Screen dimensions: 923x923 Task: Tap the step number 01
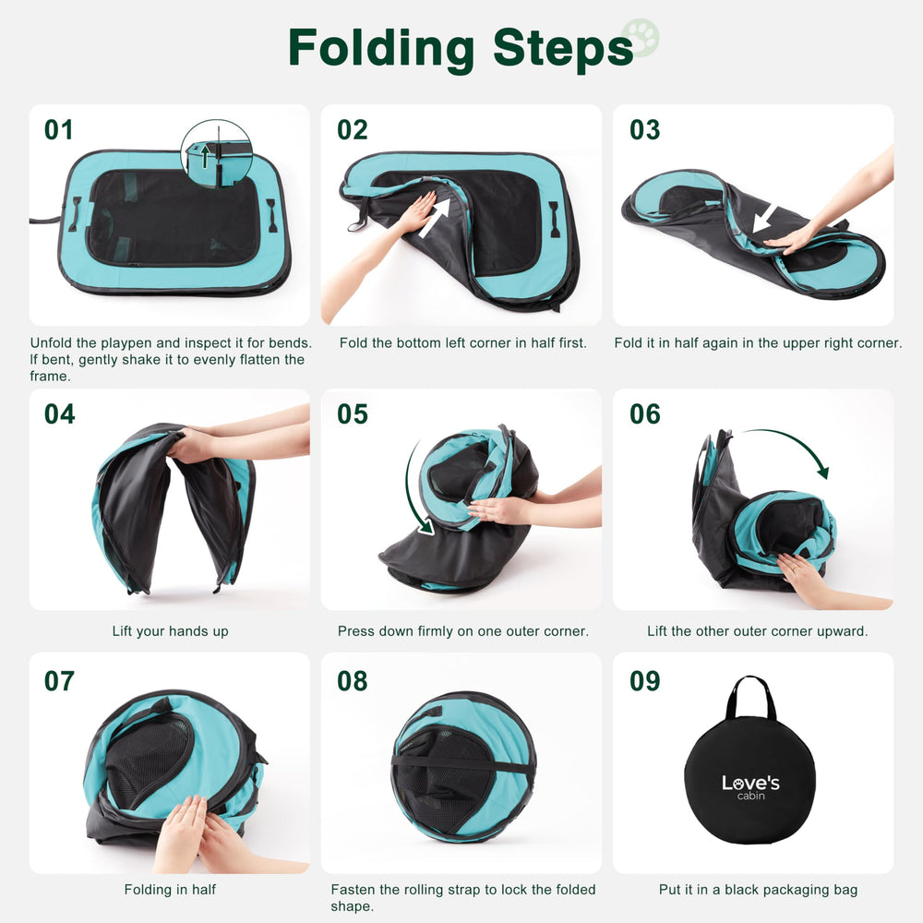(x=58, y=130)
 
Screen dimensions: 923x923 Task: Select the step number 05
(x=352, y=414)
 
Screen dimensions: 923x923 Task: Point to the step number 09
(x=645, y=681)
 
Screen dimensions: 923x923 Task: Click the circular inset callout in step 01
(x=216, y=153)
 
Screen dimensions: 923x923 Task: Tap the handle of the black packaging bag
(x=749, y=699)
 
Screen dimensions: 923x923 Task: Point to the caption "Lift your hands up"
(x=170, y=631)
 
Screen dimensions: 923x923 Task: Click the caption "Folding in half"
(x=170, y=890)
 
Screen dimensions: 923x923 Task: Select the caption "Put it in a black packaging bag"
(x=757, y=890)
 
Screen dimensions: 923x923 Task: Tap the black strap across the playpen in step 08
(x=461, y=765)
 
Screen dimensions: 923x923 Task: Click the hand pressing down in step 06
(x=801, y=578)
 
